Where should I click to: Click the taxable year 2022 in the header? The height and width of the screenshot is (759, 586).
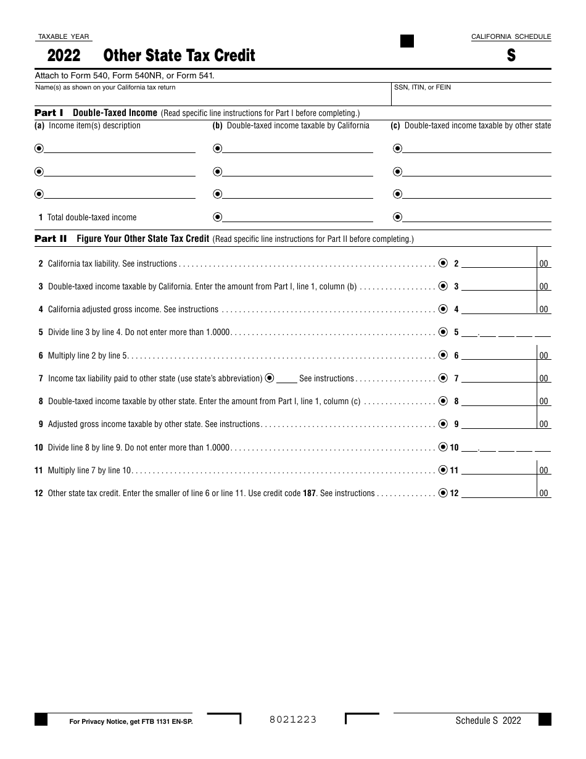64,56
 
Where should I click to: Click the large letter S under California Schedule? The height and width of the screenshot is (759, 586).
511,56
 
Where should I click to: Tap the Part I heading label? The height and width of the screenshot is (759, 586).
49,113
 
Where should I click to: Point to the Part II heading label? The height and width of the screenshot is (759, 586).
51,239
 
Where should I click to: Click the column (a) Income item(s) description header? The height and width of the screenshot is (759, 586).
88,126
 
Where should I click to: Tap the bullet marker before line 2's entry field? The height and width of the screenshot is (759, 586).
443,263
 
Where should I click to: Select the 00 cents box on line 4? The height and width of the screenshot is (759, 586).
543,310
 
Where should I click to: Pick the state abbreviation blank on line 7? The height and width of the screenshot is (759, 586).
286,379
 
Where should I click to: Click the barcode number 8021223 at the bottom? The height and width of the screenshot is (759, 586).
293,720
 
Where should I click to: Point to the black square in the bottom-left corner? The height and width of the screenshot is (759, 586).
41,720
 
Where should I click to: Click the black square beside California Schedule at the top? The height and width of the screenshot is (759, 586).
407,41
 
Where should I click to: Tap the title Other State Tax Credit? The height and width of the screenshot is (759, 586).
179,56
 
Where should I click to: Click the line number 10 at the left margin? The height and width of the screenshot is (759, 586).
39,447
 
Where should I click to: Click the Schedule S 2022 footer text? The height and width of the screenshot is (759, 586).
488,720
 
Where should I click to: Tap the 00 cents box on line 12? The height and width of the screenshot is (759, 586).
543,494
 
